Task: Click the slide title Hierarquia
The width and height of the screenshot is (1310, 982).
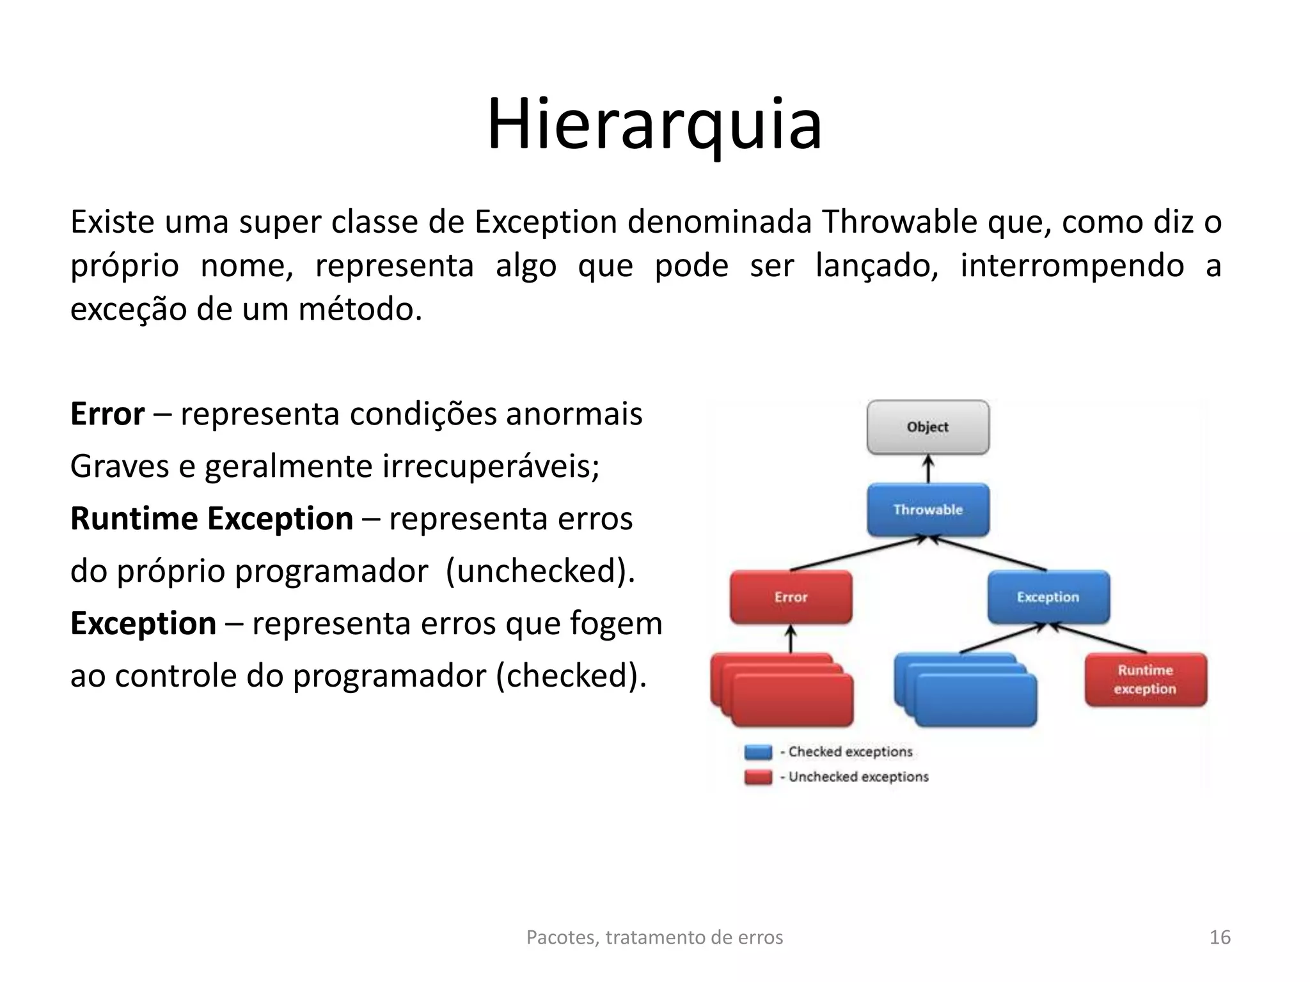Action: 654,125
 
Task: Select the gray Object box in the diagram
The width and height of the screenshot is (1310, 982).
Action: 927,427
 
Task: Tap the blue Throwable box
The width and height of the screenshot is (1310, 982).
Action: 927,510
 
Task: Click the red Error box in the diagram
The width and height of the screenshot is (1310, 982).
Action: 791,597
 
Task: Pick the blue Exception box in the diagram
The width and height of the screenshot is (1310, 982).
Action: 1048,597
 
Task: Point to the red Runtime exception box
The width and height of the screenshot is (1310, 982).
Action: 1145,680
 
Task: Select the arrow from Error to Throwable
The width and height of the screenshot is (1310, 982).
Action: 857,554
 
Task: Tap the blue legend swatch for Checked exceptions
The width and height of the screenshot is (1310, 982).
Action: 758,752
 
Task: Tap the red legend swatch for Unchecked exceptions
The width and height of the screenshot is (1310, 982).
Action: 758,777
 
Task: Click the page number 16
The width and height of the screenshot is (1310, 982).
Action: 1220,937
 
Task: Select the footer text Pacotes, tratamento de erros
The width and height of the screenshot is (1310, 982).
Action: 654,937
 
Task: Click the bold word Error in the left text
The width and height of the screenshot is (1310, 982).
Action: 107,414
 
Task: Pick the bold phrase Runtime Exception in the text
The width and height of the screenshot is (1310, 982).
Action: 211,518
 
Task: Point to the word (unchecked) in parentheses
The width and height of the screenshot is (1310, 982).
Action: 540,571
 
